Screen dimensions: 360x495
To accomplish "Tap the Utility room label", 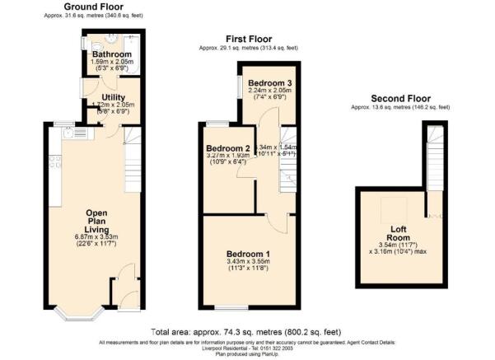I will click(113, 97).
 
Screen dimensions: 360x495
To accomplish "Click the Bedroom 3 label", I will click(269, 84).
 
